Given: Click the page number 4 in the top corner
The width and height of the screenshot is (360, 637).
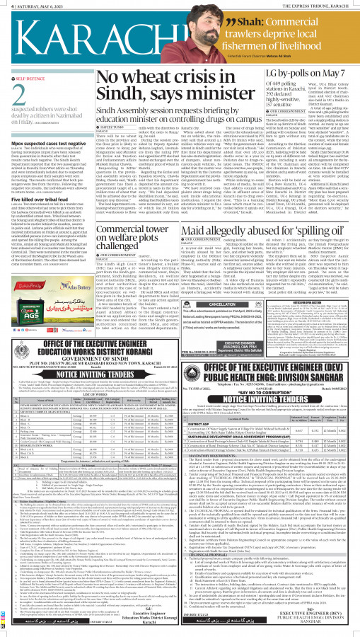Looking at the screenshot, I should pos(4,4).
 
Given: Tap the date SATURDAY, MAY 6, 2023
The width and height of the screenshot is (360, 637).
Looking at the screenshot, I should pos(35,4).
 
